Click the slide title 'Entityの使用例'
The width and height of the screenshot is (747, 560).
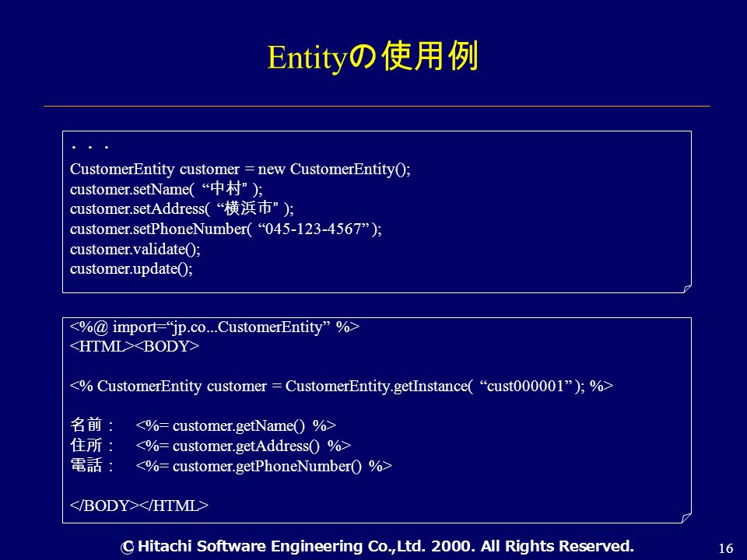click(373, 57)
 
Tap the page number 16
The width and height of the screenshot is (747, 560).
click(725, 548)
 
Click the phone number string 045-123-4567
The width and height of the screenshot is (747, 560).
click(314, 229)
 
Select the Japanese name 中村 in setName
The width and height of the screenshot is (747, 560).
click(225, 188)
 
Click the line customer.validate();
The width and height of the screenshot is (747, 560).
click(135, 249)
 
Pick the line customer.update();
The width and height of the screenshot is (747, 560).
click(132, 269)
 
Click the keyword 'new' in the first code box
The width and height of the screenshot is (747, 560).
click(271, 170)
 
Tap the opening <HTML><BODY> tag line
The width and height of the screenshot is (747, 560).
click(135, 346)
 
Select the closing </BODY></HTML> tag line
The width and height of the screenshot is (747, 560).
click(139, 506)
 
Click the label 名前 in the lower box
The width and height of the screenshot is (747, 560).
click(86, 425)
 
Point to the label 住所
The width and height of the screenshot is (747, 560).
click(86, 445)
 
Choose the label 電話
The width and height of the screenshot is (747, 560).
click(86, 465)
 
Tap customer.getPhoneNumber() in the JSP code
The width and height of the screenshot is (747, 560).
click(267, 466)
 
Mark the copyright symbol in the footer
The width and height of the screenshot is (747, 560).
click(127, 548)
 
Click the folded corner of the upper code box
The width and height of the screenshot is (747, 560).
click(687, 289)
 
